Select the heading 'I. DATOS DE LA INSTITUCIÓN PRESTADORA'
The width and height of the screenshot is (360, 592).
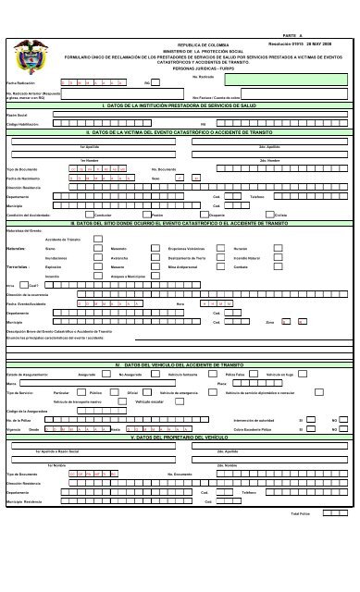coord(181,106)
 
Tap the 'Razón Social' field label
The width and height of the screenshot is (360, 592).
coord(18,116)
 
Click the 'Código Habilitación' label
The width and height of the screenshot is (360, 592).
coord(24,124)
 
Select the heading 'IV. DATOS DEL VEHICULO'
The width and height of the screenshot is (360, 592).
coord(181,364)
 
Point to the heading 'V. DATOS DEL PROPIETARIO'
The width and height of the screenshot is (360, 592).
coord(181,437)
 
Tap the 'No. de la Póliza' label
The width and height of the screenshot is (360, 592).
coord(19,420)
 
